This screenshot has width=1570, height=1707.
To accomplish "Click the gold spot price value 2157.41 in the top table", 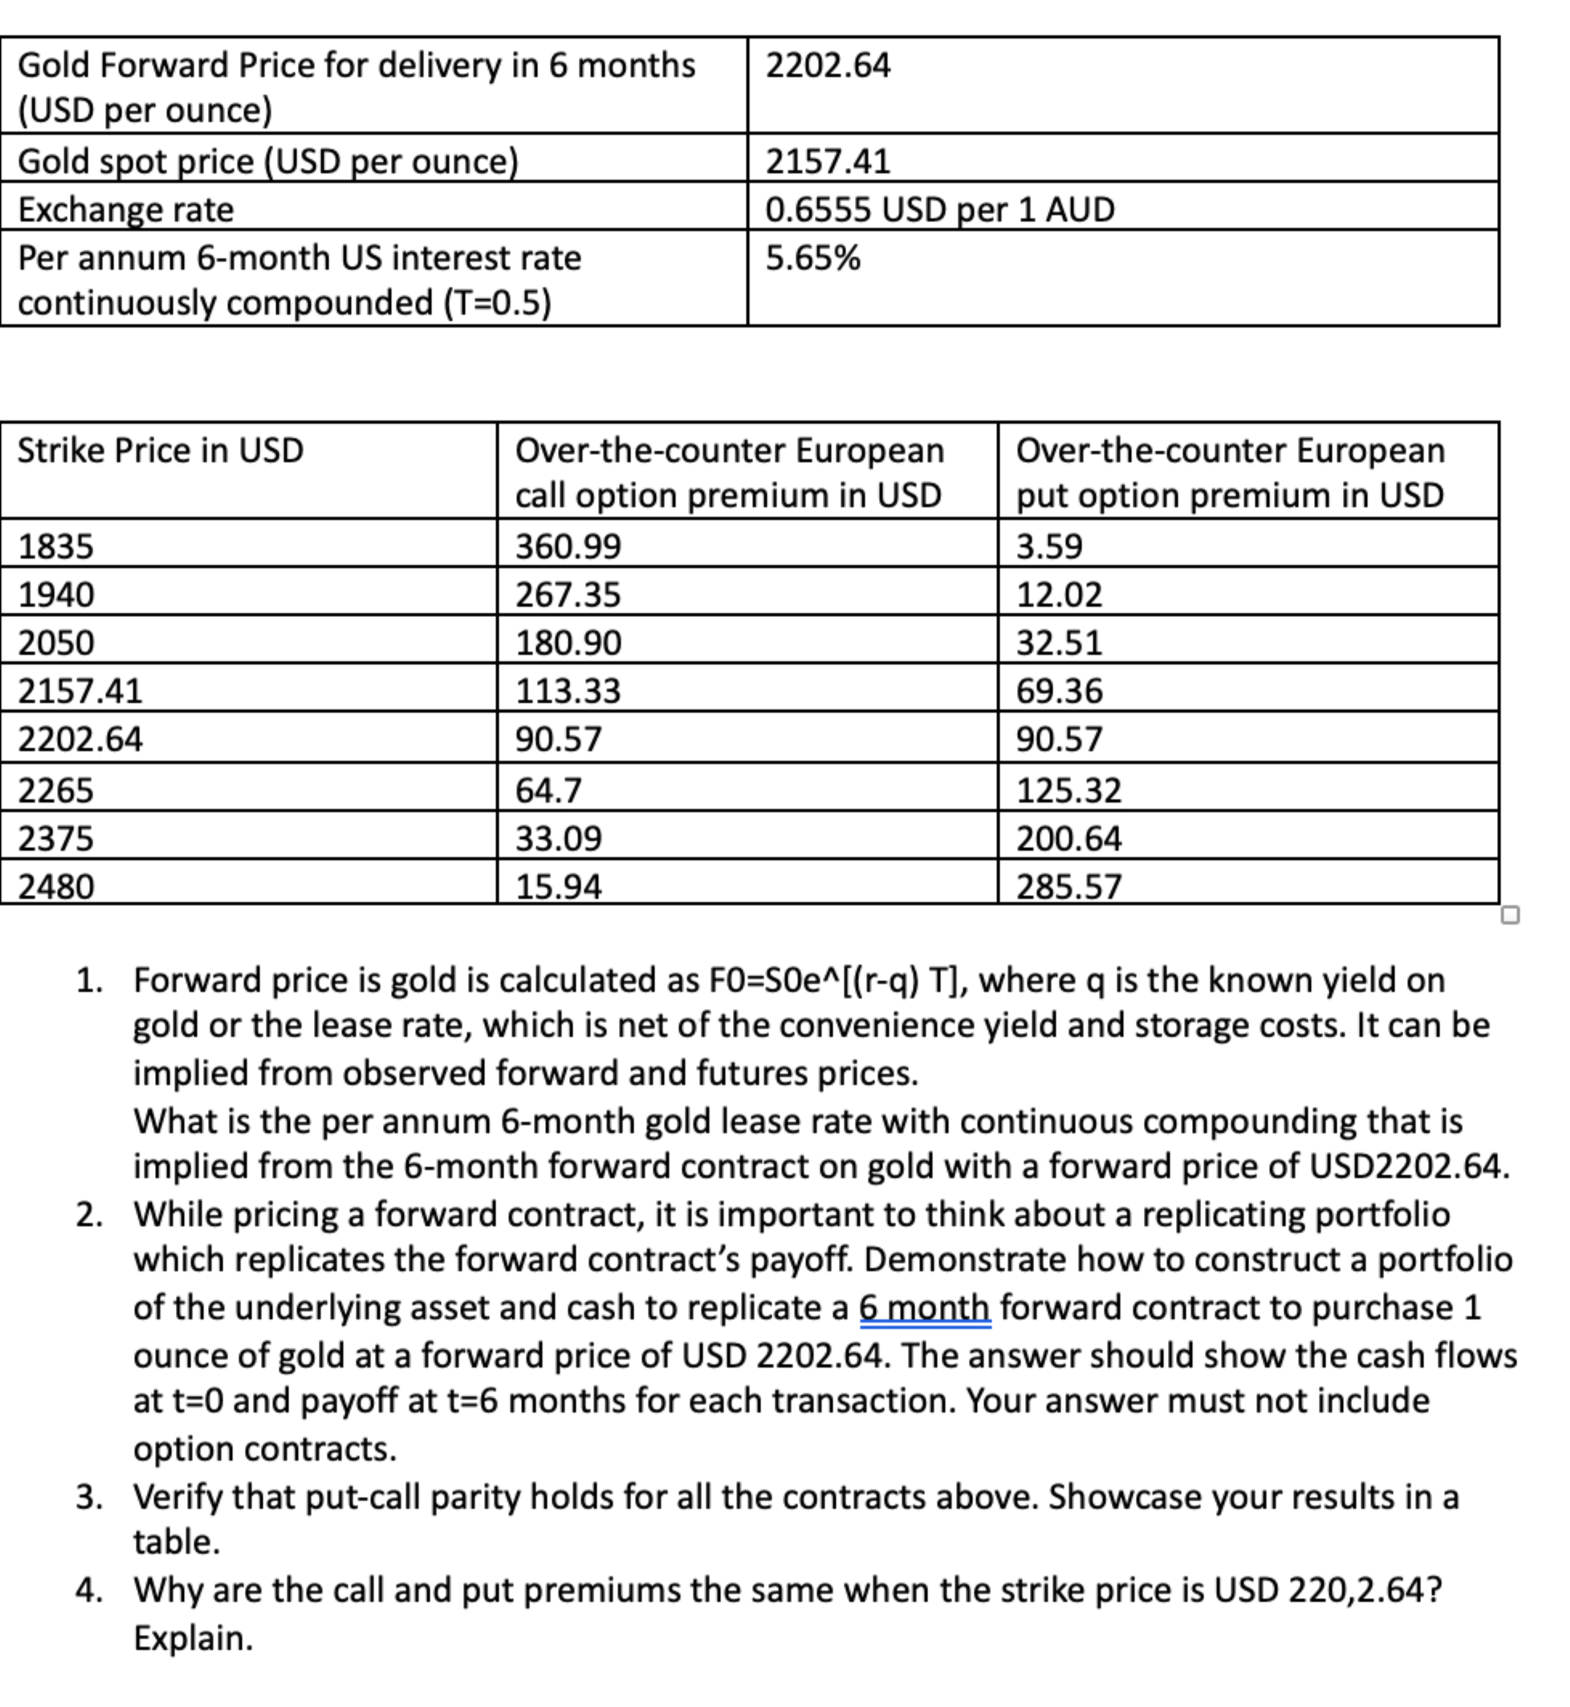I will click(x=828, y=161).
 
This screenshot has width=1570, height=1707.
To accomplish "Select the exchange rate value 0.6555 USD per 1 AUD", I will click(x=940, y=209).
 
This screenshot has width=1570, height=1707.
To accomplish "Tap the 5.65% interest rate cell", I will click(x=813, y=258).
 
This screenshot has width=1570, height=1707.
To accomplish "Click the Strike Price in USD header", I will click(x=161, y=450).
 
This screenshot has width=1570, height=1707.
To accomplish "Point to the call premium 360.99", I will click(x=568, y=546).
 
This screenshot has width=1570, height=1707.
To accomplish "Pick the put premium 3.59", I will click(x=1049, y=546).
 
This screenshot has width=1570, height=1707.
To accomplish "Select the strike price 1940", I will click(x=56, y=595).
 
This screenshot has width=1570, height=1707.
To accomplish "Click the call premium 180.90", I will click(x=568, y=643).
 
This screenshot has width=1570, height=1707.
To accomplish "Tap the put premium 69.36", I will click(x=1060, y=691).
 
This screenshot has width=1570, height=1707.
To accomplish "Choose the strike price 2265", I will click(x=56, y=791).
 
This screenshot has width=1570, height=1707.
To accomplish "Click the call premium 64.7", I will click(x=549, y=791).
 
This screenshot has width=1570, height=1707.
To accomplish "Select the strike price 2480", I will click(x=56, y=887).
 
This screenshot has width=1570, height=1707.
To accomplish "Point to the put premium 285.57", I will click(x=1069, y=887).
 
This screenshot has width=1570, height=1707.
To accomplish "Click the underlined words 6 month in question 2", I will click(x=925, y=1308).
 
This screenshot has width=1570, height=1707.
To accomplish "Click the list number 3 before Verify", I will click(x=88, y=1498).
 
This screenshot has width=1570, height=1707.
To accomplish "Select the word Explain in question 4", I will click(x=193, y=1638).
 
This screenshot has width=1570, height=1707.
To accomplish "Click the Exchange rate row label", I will click(x=126, y=209).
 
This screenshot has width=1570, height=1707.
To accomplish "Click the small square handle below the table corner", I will click(x=1510, y=915).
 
